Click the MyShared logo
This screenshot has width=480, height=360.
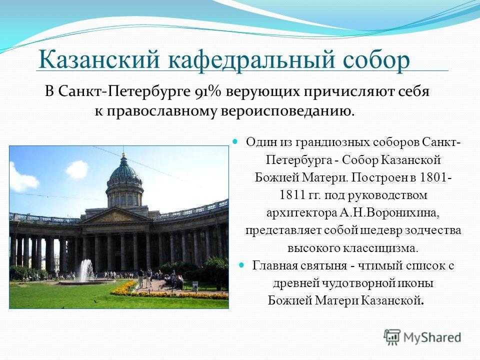click(x=422, y=336)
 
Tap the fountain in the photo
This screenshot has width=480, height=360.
click(x=87, y=270)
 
